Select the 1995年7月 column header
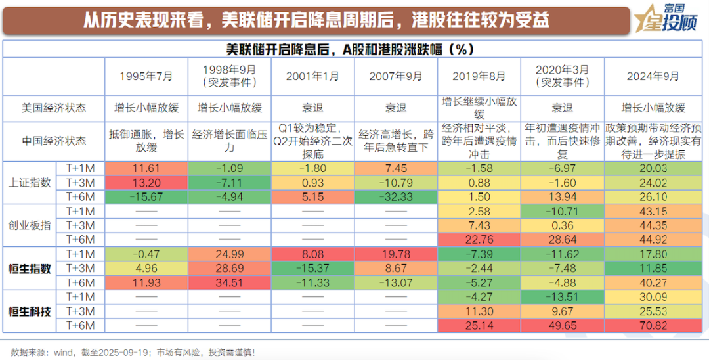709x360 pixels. coord(146,76)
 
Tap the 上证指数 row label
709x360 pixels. coord(28,182)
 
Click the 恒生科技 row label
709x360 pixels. coord(28,311)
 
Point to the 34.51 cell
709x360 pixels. coord(229,282)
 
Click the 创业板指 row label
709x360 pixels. coord(28,225)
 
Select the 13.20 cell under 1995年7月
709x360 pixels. coord(146,182)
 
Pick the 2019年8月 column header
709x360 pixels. coord(479,76)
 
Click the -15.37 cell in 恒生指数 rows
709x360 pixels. coord(312,268)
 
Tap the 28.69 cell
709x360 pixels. coord(229,268)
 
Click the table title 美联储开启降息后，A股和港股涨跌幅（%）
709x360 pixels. coord(354,49)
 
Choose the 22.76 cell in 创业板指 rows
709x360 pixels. coord(479,239)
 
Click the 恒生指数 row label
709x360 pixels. coord(28,268)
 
